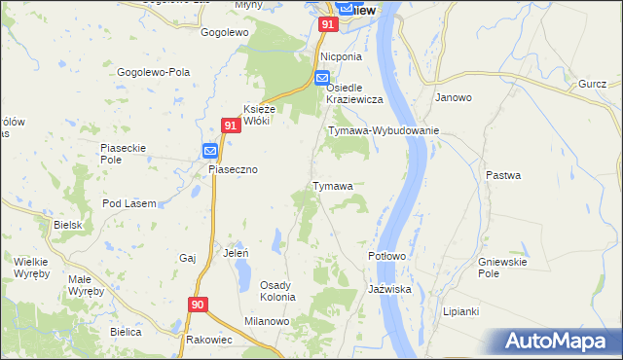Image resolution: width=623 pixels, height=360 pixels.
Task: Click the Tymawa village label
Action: [332, 186]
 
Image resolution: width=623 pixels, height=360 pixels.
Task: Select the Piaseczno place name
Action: [234, 169]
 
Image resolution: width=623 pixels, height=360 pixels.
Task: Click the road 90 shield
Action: [198, 305]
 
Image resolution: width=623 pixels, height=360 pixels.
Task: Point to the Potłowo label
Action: [386, 256]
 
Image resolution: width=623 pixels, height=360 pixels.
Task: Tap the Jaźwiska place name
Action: [390, 290]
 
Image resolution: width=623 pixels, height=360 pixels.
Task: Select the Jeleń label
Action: [237, 253]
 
